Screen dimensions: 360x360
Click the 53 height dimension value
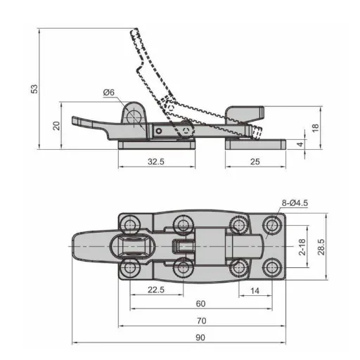(34, 89)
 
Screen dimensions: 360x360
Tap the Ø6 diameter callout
(109, 92)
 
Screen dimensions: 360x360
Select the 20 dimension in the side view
(56, 126)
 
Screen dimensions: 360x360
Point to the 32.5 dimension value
(156, 161)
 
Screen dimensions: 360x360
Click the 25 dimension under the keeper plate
(255, 161)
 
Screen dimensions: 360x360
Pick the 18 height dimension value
(316, 128)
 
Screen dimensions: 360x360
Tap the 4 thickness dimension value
(300, 144)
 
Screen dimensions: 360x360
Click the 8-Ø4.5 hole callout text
(295, 203)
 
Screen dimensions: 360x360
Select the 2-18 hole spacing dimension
(302, 247)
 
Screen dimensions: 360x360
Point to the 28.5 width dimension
(321, 247)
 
